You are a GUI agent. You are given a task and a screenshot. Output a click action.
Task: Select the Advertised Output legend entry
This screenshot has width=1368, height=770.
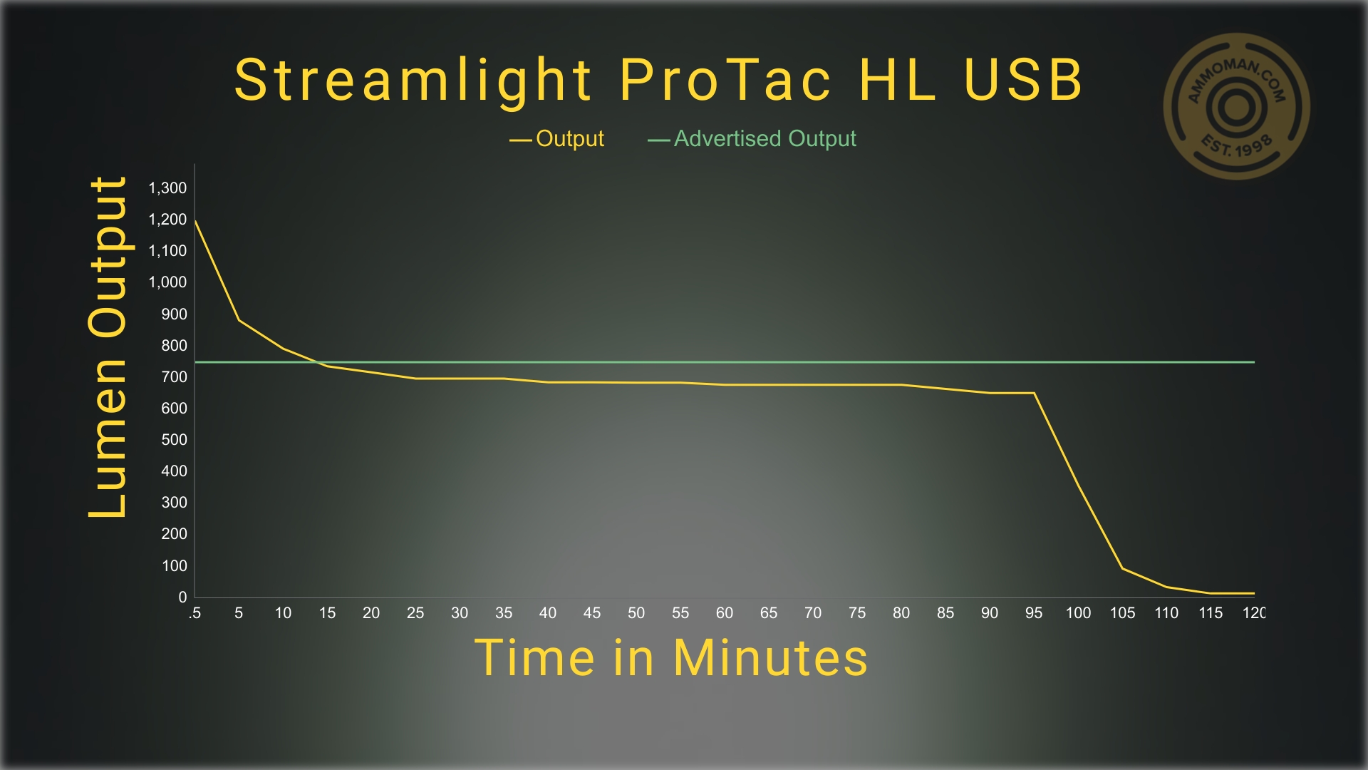pyautogui.click(x=752, y=138)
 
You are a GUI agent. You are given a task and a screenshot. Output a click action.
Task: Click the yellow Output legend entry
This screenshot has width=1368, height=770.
pyautogui.click(x=556, y=138)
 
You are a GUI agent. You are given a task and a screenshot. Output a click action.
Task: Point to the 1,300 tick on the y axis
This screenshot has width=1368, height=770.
pyautogui.click(x=167, y=188)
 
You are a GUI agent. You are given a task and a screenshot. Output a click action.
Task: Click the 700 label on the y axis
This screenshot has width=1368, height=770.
pyautogui.click(x=174, y=377)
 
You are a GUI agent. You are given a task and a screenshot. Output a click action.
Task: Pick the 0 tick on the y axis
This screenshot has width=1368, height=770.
pyautogui.click(x=182, y=597)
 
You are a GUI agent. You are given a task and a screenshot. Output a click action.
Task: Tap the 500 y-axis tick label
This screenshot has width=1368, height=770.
pyautogui.click(x=174, y=440)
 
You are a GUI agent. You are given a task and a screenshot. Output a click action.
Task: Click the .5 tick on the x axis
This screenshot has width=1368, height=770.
pyautogui.click(x=195, y=613)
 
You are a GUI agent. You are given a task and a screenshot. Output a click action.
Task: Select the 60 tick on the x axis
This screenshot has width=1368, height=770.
pyautogui.click(x=725, y=613)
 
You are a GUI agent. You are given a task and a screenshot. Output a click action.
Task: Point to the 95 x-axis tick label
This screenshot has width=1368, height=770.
pyautogui.click(x=1034, y=613)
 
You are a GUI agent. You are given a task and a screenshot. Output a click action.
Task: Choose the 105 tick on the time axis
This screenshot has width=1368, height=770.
pyautogui.click(x=1122, y=613)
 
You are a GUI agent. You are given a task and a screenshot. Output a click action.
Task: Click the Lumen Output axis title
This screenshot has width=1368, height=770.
pyautogui.click(x=108, y=346)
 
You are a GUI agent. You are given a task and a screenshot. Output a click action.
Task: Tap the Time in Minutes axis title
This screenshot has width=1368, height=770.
pyautogui.click(x=671, y=657)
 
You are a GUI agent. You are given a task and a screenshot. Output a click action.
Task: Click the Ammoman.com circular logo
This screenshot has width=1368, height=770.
pyautogui.click(x=1237, y=106)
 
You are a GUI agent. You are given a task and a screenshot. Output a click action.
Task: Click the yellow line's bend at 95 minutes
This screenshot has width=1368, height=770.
pyautogui.click(x=1035, y=393)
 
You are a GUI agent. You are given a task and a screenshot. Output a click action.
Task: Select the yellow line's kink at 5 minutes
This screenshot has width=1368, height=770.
pyautogui.click(x=239, y=320)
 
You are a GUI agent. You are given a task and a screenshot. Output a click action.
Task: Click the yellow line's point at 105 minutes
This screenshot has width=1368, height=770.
pyautogui.click(x=1122, y=568)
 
